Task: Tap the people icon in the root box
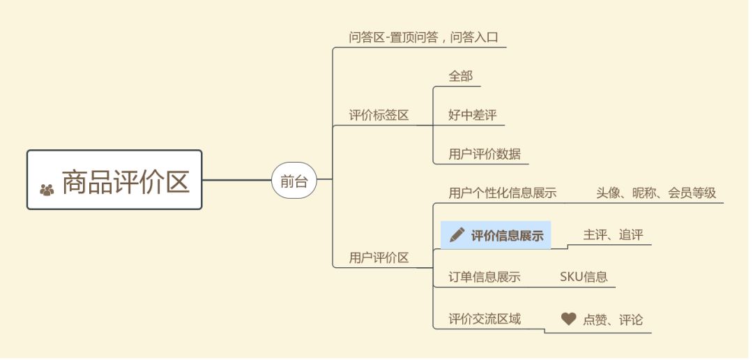point(47,188)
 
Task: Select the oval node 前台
point(294,181)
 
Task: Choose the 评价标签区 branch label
point(379,115)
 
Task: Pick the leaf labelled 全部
point(460,76)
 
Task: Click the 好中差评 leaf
point(472,115)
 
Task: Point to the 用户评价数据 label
point(484,154)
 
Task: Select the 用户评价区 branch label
point(379,257)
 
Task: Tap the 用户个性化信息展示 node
point(502,193)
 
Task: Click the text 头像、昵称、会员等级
point(655,193)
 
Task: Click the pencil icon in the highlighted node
point(457,234)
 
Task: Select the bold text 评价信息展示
point(507,235)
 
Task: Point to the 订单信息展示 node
point(484,277)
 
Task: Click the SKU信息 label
point(584,277)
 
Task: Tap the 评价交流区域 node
point(484,319)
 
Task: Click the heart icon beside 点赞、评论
point(568,319)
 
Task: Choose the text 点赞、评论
point(612,320)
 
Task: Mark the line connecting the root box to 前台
point(236,181)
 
